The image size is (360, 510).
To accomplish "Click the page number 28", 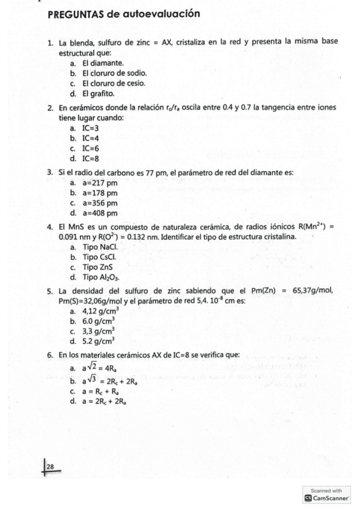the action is point(50,466).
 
